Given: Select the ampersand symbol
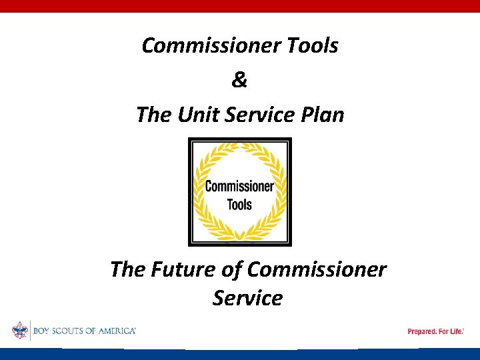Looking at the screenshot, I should pyautogui.click(x=239, y=80).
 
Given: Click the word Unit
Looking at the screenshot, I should pyautogui.click(x=199, y=115).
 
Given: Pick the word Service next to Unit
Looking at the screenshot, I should pyautogui.click(x=260, y=115).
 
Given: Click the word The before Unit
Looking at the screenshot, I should pyautogui.click(x=154, y=115).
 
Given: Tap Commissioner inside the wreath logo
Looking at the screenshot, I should pyautogui.click(x=239, y=186).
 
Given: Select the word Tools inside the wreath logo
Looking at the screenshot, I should pyautogui.click(x=239, y=203).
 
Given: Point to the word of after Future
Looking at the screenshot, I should pyautogui.click(x=233, y=269).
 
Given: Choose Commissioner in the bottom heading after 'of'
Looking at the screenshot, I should pyautogui.click(x=316, y=269).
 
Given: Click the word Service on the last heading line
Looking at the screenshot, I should pyautogui.click(x=247, y=298).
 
